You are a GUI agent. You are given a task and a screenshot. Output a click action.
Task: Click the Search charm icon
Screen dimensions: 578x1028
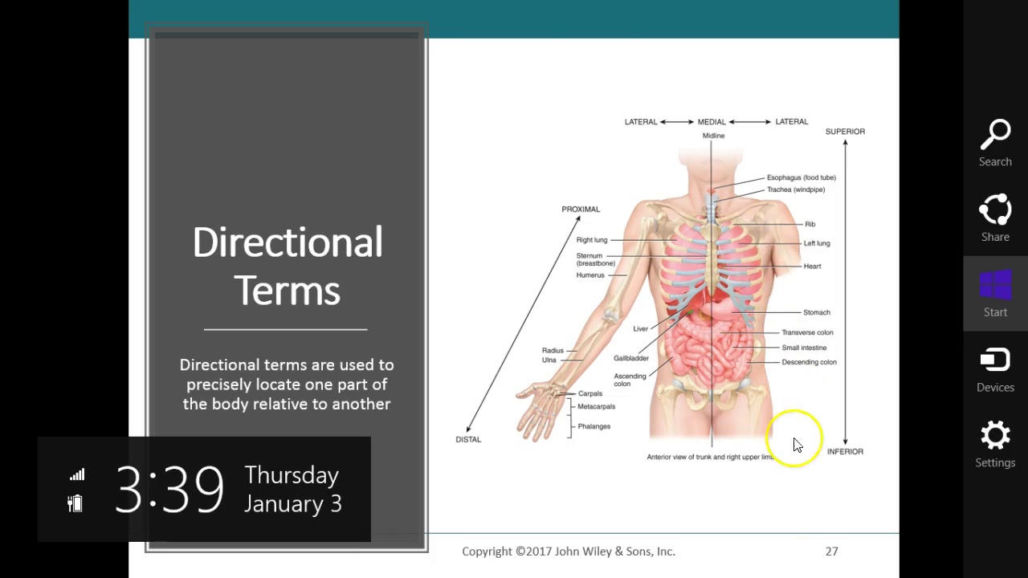[995, 136]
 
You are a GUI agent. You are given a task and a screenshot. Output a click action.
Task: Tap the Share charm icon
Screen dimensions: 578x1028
[995, 211]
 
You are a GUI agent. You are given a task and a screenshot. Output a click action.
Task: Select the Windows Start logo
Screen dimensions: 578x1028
[995, 285]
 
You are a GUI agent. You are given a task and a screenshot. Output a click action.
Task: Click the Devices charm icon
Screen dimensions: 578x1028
[995, 360]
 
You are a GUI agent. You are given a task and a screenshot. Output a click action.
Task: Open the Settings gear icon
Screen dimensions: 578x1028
[995, 436]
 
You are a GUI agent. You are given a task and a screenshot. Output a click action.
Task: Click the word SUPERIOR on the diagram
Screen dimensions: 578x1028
[845, 132]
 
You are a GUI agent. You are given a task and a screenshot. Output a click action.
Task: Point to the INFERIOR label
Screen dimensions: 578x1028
[845, 452]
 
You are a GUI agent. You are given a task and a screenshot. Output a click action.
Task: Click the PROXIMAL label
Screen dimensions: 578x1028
[581, 210]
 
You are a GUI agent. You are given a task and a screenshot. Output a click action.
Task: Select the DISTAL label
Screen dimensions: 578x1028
[468, 440]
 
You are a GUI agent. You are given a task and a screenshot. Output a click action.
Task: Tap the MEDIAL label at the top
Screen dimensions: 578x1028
[712, 122]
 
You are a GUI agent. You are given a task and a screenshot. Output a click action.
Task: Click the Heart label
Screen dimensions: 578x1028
[812, 267]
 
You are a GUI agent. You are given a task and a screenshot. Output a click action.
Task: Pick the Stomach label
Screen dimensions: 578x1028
[816, 312]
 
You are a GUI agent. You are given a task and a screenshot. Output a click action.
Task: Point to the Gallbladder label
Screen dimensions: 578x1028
[631, 358]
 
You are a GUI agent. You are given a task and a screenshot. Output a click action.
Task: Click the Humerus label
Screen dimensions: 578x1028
[590, 275]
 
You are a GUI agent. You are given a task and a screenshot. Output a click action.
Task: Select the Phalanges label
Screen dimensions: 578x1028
[594, 426]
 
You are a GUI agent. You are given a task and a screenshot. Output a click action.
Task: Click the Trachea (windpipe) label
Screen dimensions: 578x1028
[795, 190]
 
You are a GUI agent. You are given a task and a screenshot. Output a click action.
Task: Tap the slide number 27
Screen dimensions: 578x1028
[831, 552]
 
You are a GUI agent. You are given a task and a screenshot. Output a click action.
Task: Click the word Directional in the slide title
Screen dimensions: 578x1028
[288, 242]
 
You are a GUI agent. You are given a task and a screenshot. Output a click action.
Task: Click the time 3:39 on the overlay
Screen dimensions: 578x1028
[169, 489]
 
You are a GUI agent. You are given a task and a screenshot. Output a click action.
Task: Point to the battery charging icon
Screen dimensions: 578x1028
[75, 503]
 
